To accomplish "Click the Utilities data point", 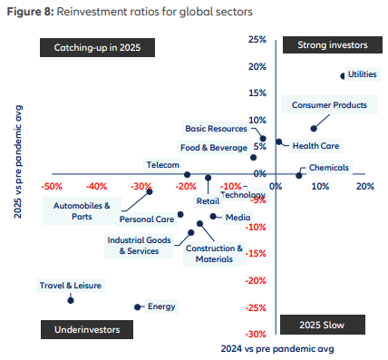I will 342,75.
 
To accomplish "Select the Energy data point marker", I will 138,306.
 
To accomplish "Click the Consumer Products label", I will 329,105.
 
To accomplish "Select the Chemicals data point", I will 298,174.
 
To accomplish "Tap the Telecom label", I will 163,165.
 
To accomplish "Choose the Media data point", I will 213,216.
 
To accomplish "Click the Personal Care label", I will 146,219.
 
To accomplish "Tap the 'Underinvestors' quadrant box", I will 82,327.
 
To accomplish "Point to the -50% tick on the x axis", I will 52,186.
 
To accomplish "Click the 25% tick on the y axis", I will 258,40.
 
